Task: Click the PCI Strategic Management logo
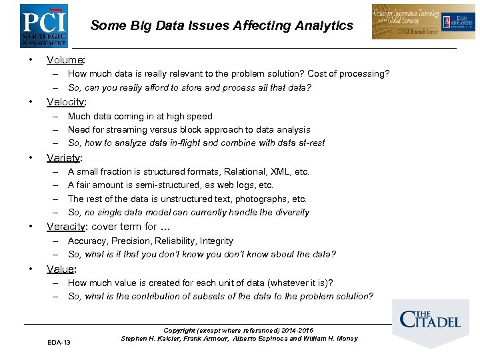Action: click(x=43, y=25)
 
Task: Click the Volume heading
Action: click(x=65, y=60)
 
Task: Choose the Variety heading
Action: click(x=64, y=158)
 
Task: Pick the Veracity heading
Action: click(x=67, y=227)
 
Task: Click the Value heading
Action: click(x=61, y=269)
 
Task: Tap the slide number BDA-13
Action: click(x=59, y=342)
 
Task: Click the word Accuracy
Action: click(x=87, y=241)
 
